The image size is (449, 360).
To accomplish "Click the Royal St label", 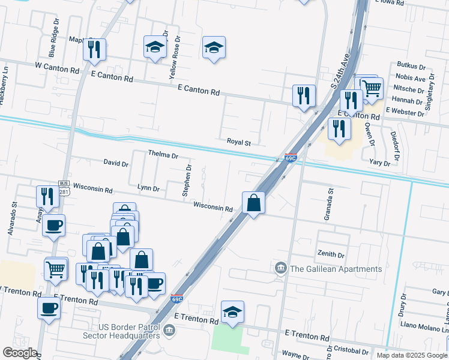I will click(x=238, y=143).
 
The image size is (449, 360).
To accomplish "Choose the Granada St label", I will click(x=329, y=205).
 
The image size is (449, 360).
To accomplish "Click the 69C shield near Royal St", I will click(x=291, y=158).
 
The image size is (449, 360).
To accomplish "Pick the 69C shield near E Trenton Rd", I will click(x=176, y=298).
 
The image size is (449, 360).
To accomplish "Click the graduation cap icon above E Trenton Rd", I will click(x=232, y=311).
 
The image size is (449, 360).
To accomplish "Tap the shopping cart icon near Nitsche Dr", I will click(x=372, y=88).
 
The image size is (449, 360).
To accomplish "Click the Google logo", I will click(x=20, y=353).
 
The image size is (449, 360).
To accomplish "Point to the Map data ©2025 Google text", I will click(x=412, y=355).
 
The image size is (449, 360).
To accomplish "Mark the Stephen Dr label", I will click(x=187, y=181).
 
